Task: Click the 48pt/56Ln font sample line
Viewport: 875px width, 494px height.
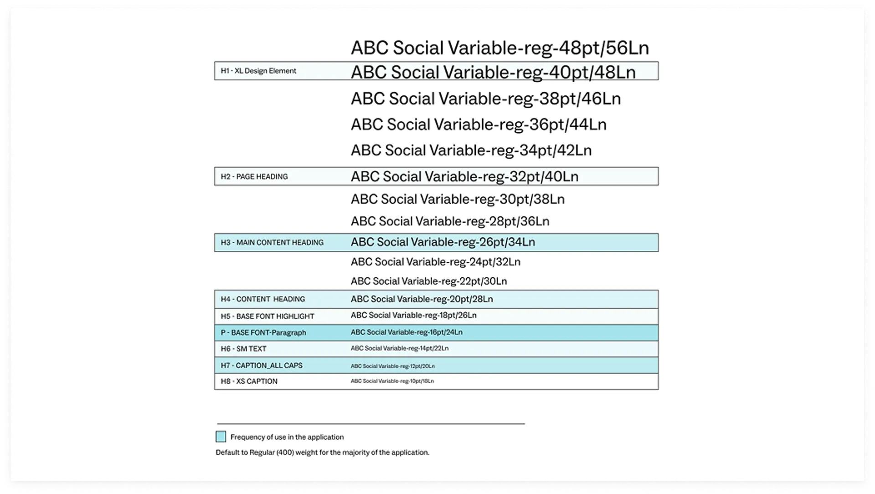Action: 499,48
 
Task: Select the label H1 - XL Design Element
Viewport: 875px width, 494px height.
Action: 258,71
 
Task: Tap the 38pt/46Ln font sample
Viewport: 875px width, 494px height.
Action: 485,99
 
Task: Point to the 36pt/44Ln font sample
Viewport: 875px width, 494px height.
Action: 479,125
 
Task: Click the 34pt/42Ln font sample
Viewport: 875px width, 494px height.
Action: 471,151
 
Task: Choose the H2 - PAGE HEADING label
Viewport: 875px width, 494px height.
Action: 254,177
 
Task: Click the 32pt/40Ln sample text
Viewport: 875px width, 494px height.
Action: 464,177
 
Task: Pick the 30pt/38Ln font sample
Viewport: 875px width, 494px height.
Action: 458,199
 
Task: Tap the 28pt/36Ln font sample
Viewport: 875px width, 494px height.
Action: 450,221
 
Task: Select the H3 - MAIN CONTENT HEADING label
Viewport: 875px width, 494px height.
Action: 272,243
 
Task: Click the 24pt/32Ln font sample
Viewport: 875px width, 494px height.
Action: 435,262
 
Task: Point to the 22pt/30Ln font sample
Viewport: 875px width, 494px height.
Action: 428,281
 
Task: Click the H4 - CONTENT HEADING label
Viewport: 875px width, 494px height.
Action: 263,299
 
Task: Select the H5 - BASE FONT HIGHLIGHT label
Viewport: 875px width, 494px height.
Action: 268,316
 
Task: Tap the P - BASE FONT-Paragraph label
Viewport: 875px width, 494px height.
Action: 263,333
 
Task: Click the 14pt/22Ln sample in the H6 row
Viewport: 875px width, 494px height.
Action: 399,348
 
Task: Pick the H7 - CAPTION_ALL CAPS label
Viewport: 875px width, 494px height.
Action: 262,365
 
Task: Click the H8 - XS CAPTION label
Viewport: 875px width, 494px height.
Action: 249,381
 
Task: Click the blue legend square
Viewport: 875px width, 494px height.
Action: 221,437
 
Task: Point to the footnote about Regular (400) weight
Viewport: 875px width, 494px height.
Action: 322,452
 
